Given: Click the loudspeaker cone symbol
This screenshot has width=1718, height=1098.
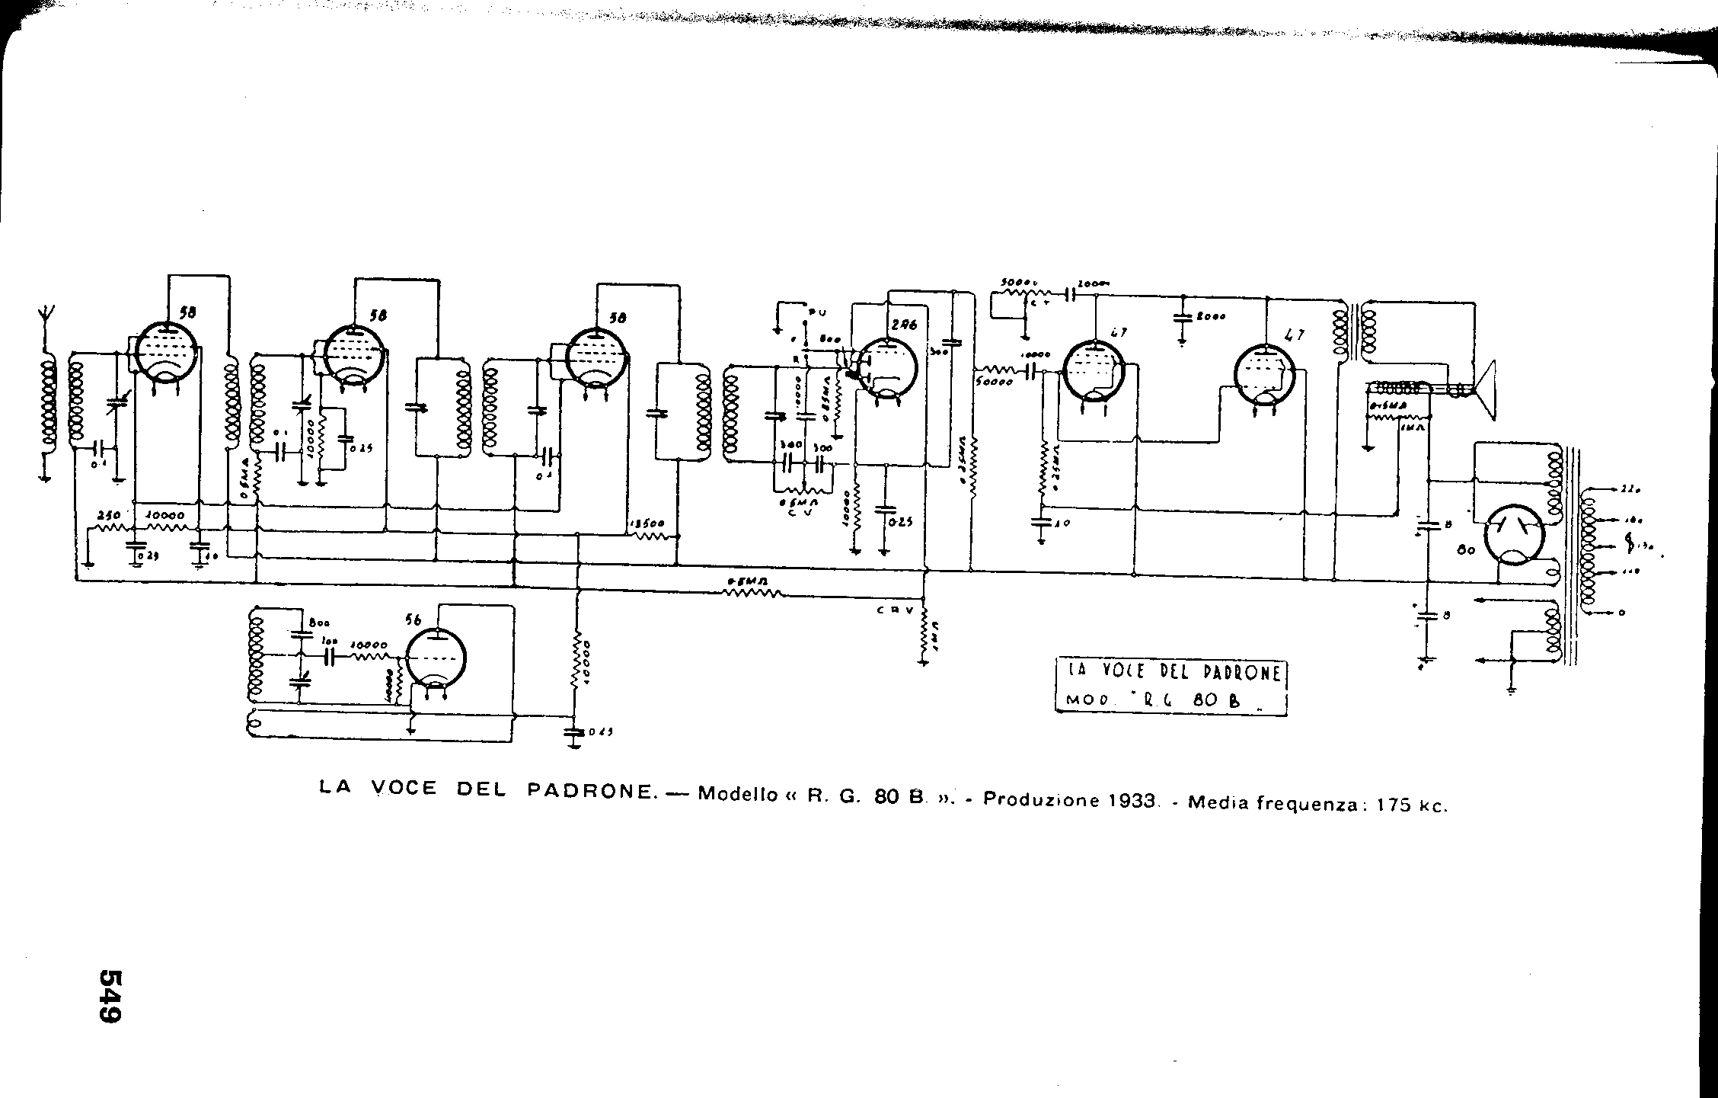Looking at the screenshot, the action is (1485, 390).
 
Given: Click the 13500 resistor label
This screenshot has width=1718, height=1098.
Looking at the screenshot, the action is (647, 524).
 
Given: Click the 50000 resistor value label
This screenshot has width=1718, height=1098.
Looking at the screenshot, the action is (995, 383).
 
